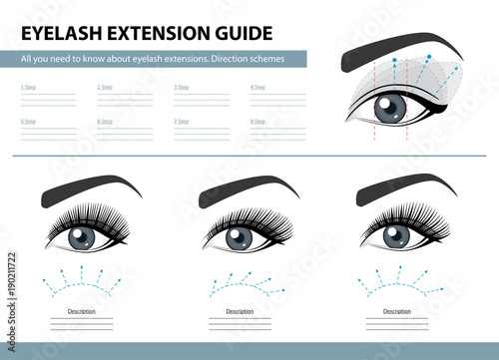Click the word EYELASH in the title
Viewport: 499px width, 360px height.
coord(59,29)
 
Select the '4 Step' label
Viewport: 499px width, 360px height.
coord(257,88)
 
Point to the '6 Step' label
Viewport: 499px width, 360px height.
coord(105,121)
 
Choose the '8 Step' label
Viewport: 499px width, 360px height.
coord(257,121)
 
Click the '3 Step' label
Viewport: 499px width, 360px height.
coord(182,88)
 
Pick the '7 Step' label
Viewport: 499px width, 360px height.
coord(182,121)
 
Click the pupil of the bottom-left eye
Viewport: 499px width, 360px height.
coord(81,237)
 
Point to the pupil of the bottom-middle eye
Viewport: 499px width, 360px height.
coord(239,237)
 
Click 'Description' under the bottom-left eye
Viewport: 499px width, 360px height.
coord(81,311)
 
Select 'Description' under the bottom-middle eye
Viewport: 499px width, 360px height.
coord(239,311)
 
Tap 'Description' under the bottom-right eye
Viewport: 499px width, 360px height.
coord(395,311)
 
